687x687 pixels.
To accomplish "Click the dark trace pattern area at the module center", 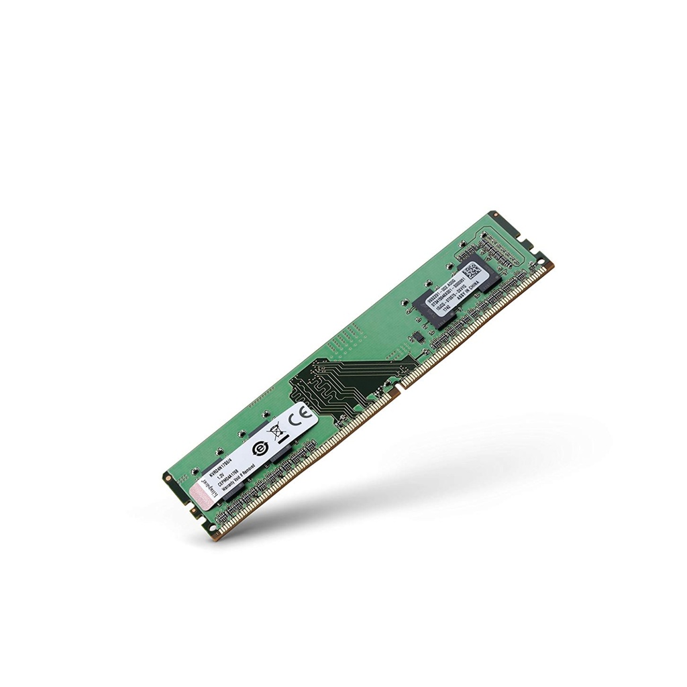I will pyautogui.click(x=349, y=376).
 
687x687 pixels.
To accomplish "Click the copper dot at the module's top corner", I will pyautogui.click(x=496, y=215).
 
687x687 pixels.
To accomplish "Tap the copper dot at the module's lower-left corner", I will pyautogui.click(x=168, y=478).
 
